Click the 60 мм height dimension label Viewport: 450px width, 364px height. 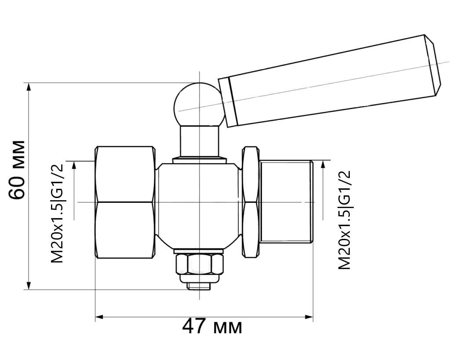click(16, 170)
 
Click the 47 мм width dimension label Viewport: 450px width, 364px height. click(212, 327)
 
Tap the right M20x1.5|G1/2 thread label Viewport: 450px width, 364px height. click(344, 220)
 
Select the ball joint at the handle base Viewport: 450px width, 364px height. click(199, 105)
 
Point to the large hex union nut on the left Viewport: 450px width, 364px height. click(125, 202)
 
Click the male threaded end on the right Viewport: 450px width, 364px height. click(286, 202)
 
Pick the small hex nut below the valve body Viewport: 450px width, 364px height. click(199, 264)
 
